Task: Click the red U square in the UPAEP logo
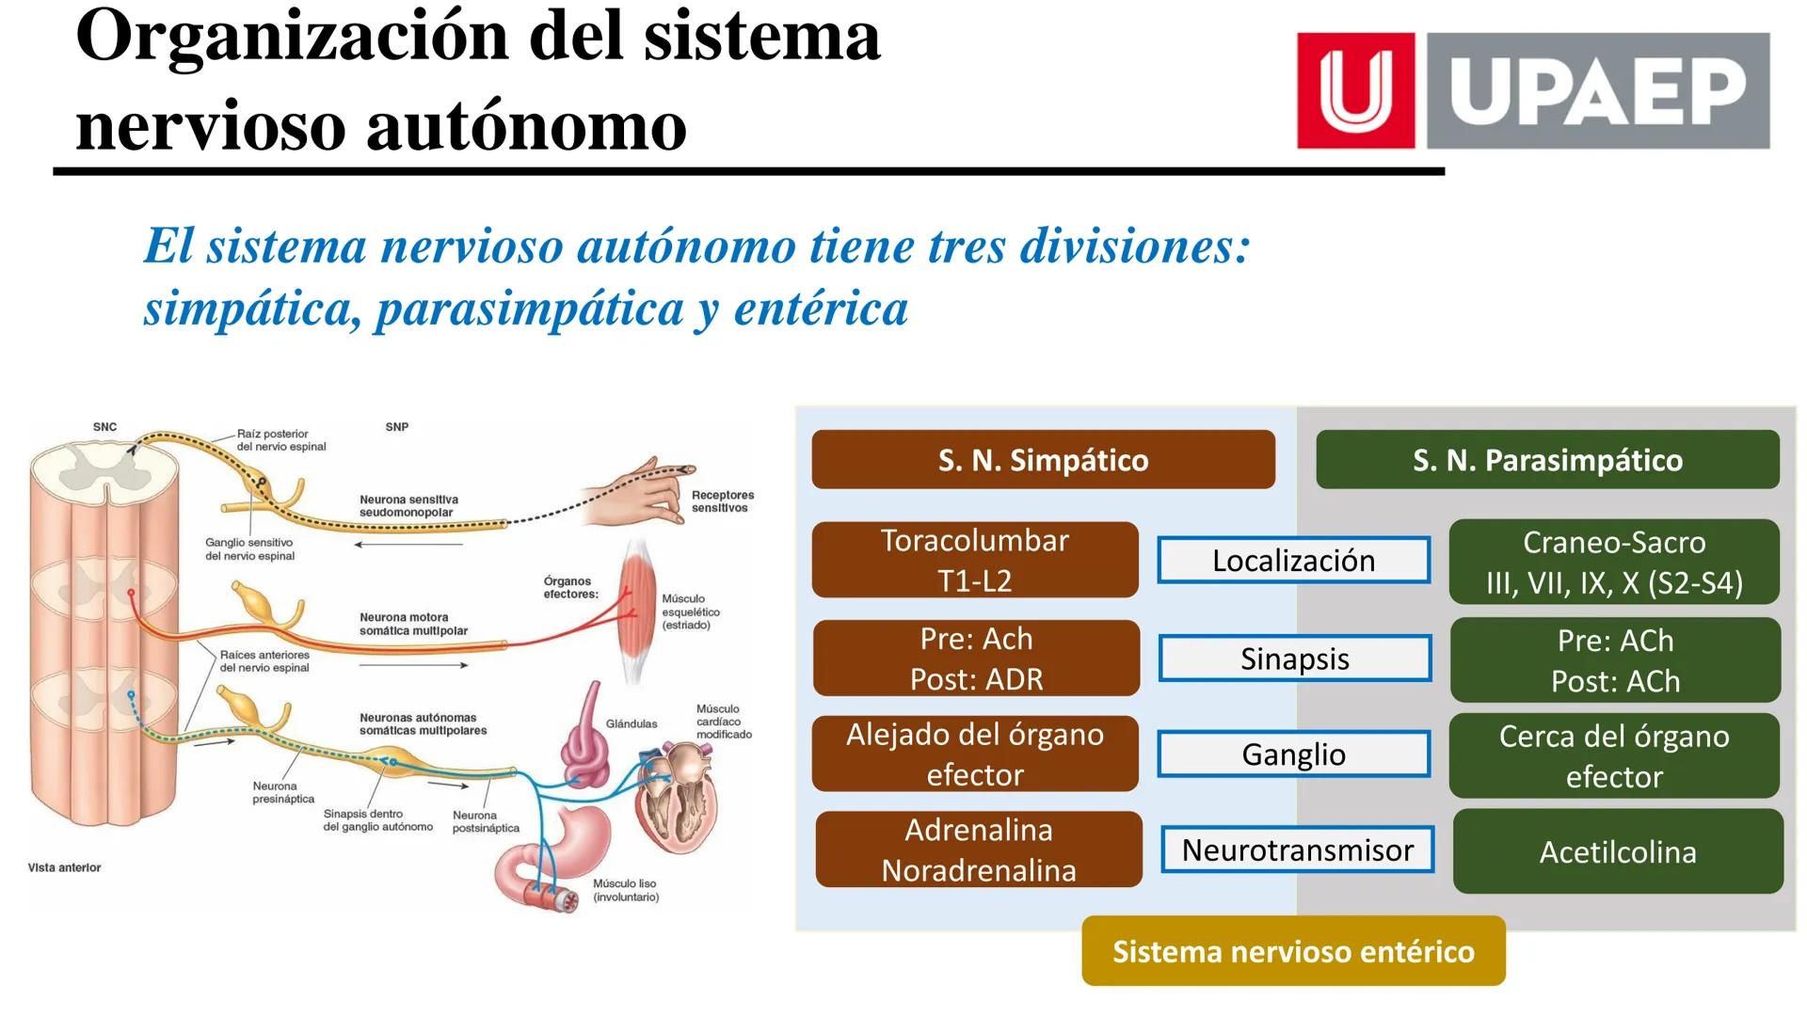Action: click(x=1355, y=90)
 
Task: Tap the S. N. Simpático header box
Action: click(x=1043, y=460)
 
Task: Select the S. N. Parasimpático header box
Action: click(x=1547, y=460)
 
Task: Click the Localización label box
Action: click(x=1293, y=561)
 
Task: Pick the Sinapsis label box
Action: click(x=1295, y=659)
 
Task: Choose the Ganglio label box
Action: click(x=1293, y=754)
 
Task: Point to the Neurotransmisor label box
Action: click(x=1297, y=850)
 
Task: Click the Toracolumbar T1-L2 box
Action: click(x=975, y=560)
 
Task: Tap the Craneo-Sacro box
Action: click(x=1614, y=562)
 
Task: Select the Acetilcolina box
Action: click(x=1618, y=851)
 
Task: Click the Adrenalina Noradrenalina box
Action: click(x=979, y=849)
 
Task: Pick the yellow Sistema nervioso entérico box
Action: click(x=1293, y=951)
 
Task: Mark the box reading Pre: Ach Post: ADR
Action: click(x=976, y=659)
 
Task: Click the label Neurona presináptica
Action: click(x=282, y=792)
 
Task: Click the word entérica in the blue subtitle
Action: click(x=821, y=309)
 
